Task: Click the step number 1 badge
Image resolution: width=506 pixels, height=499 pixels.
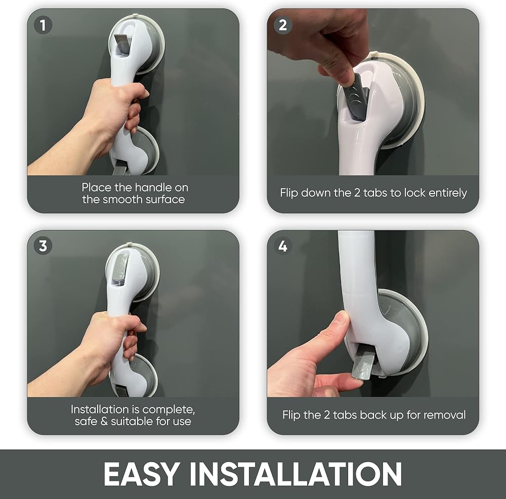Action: (43, 25)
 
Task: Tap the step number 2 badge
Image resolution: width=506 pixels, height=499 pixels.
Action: (283, 25)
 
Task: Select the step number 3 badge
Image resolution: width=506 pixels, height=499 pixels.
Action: (43, 246)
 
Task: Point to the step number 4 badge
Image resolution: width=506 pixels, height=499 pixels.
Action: (283, 246)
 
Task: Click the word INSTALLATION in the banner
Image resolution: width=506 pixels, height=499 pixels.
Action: (296, 474)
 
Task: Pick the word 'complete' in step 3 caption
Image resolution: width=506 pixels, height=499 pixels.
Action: (168, 410)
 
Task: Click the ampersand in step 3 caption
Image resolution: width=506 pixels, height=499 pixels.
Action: (104, 421)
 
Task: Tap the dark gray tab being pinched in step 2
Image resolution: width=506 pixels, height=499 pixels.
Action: (356, 96)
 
